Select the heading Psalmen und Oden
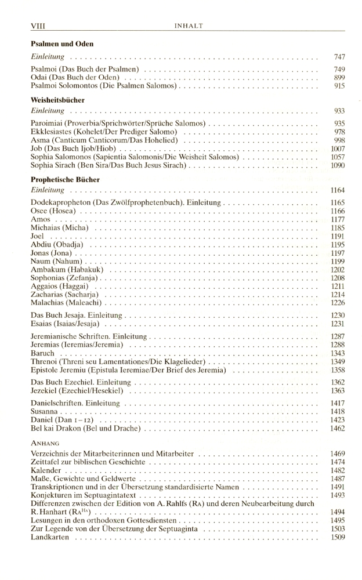(62, 43)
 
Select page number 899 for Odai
(339, 78)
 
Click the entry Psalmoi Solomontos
(103, 86)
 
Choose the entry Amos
(41, 219)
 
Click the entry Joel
(38, 236)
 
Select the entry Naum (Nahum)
(56, 262)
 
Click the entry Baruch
(43, 353)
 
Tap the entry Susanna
(46, 411)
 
